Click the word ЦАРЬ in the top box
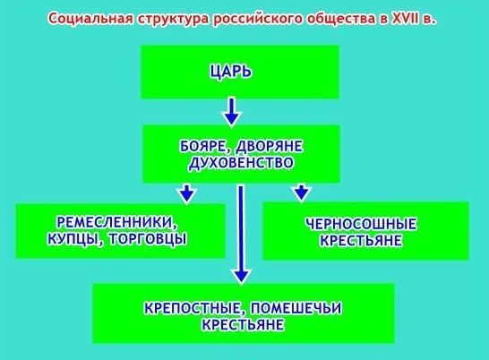tap(230, 72)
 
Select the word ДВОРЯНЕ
tap(270, 146)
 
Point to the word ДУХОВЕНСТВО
tap(241, 163)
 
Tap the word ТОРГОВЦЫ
tap(147, 239)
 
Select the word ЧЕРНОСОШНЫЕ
tap(361, 224)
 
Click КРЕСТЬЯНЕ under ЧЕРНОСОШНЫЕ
tap(361, 241)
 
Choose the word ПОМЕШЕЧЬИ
tap(296, 309)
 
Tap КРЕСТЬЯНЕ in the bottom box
tap(243, 325)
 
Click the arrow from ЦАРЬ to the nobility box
tap(231, 112)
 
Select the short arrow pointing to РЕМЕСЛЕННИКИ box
tap(186, 193)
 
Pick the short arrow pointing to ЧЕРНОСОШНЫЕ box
tap(301, 193)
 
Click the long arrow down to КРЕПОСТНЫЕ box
tap(241, 235)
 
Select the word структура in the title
tap(174, 20)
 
